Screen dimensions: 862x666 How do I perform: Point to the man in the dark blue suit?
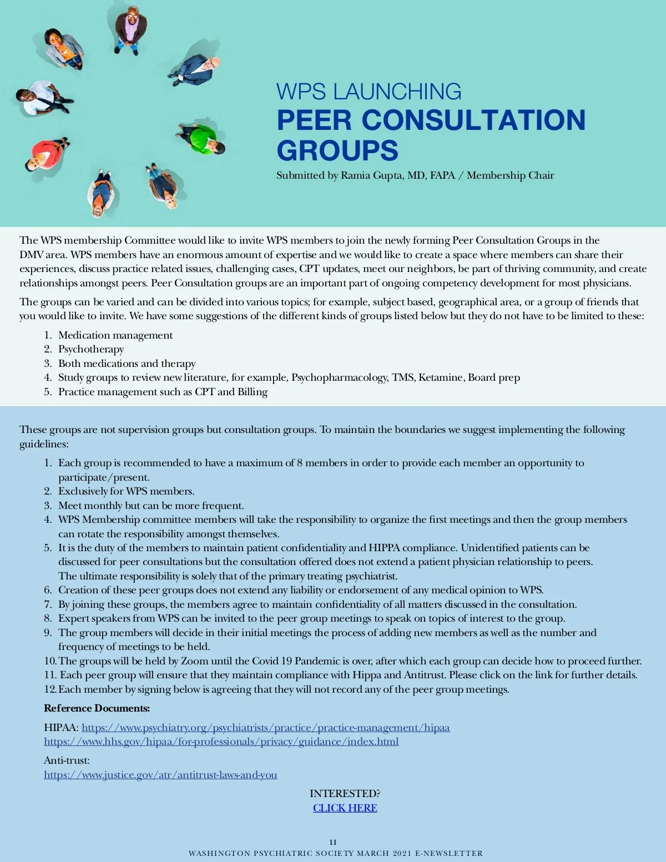click(195, 70)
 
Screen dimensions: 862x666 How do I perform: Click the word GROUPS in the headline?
click(337, 150)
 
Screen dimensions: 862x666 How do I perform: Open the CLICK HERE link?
click(345, 808)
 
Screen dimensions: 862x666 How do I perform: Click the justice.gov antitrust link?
click(160, 775)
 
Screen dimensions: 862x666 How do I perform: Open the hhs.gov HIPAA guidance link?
click(221, 742)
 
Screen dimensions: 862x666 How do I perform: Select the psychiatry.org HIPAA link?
click(265, 728)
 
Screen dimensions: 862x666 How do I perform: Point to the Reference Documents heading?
click(97, 708)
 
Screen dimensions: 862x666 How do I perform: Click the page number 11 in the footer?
click(333, 842)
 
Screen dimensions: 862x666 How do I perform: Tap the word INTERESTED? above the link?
click(345, 794)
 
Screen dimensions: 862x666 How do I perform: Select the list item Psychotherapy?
click(91, 349)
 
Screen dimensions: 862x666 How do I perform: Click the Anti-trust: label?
click(67, 760)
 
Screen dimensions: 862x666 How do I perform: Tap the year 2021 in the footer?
click(402, 853)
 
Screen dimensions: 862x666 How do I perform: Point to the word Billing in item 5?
click(253, 392)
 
